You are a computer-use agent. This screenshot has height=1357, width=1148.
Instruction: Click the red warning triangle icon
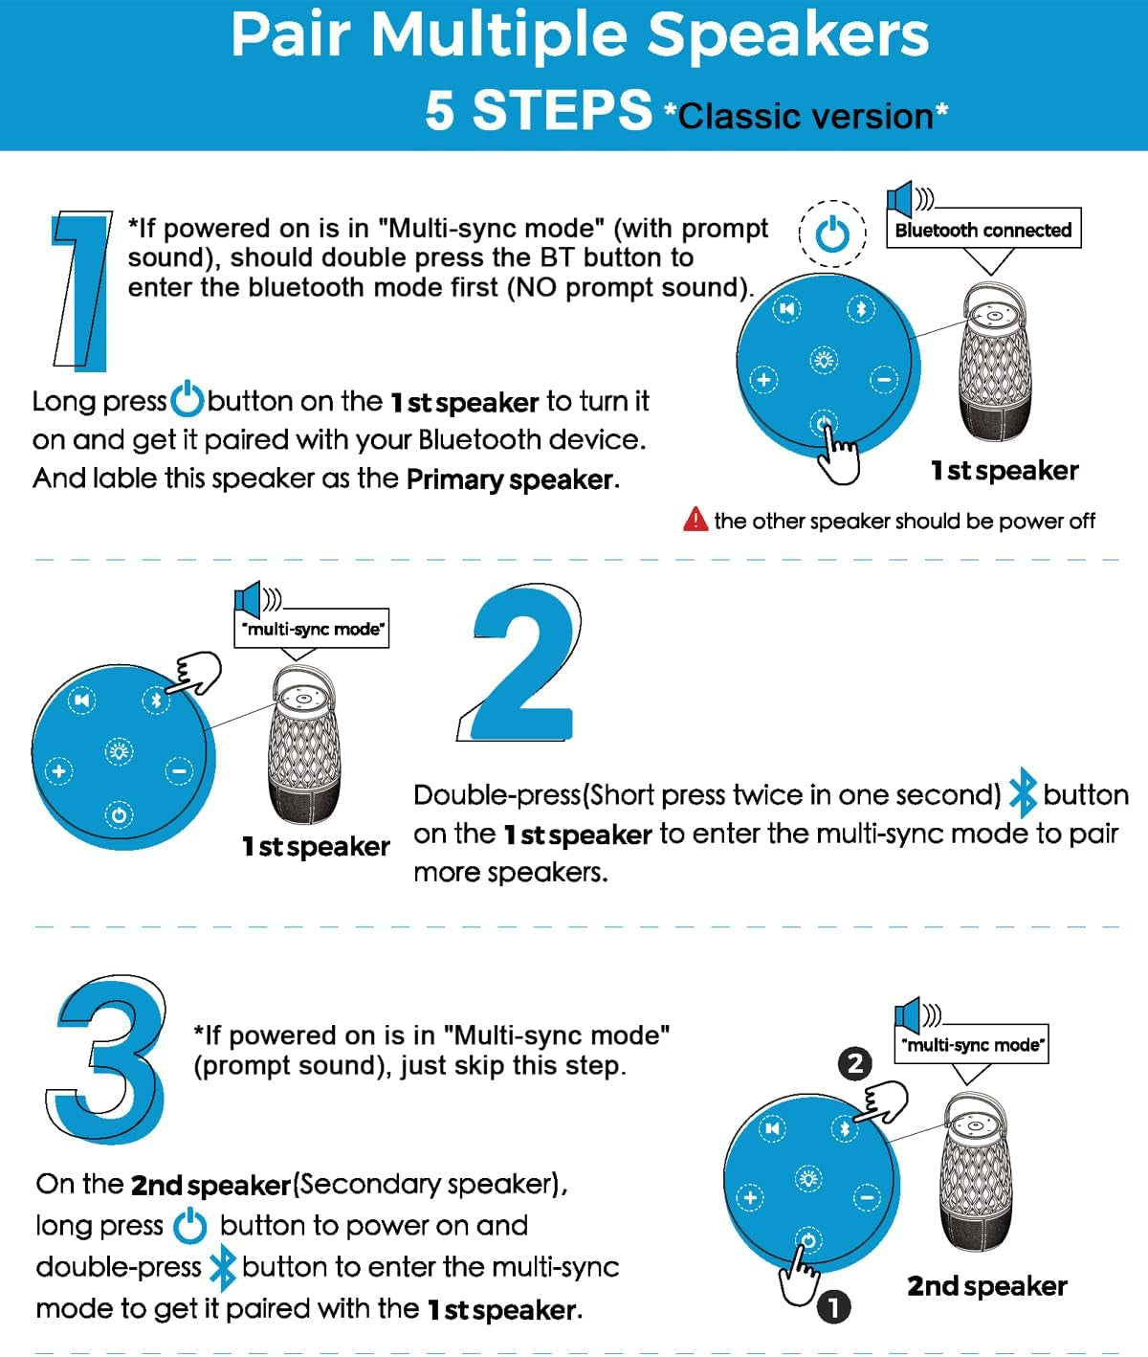[695, 520]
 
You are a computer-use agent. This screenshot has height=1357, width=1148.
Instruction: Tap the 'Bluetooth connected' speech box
[983, 229]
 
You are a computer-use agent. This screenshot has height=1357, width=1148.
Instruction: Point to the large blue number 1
[83, 291]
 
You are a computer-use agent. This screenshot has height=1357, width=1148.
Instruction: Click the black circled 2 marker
[854, 1063]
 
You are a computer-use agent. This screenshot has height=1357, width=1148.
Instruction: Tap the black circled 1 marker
[833, 1307]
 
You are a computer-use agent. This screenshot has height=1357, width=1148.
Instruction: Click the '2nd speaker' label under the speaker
[987, 1286]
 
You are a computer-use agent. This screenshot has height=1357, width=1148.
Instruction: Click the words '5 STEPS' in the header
[539, 110]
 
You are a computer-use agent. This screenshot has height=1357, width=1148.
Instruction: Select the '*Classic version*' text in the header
[806, 116]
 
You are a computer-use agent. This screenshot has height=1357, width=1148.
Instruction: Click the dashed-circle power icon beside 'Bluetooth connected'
[832, 234]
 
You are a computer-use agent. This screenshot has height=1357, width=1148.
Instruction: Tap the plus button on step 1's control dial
[763, 380]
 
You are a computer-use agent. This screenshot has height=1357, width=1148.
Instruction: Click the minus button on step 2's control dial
[179, 770]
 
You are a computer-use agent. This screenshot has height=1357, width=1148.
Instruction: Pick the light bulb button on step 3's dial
[808, 1179]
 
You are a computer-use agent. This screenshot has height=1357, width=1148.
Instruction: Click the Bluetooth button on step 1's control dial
[861, 308]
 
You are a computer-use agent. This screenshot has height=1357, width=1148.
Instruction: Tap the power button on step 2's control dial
[119, 814]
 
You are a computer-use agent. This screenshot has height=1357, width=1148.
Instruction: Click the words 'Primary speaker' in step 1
[510, 479]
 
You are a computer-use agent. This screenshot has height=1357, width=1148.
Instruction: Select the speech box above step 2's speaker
[311, 629]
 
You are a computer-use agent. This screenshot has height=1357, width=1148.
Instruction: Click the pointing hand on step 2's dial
[195, 673]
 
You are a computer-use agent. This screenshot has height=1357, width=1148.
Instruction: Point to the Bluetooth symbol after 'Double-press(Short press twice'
[1022, 792]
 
